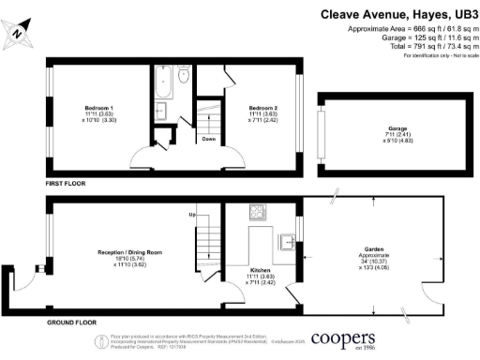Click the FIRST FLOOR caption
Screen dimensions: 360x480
pyautogui.click(x=66, y=184)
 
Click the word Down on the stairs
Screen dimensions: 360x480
pyautogui.click(x=208, y=142)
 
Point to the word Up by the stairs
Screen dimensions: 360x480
pyautogui.click(x=194, y=215)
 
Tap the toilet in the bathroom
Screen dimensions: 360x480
pyautogui.click(x=184, y=75)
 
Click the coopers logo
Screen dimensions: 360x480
pyautogui.click(x=344, y=338)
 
